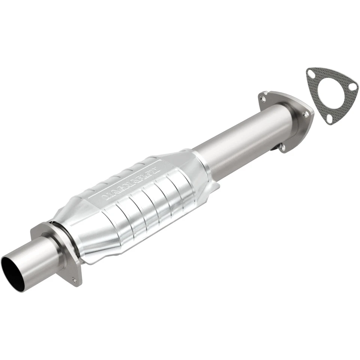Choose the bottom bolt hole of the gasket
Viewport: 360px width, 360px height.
pos(329,119)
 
